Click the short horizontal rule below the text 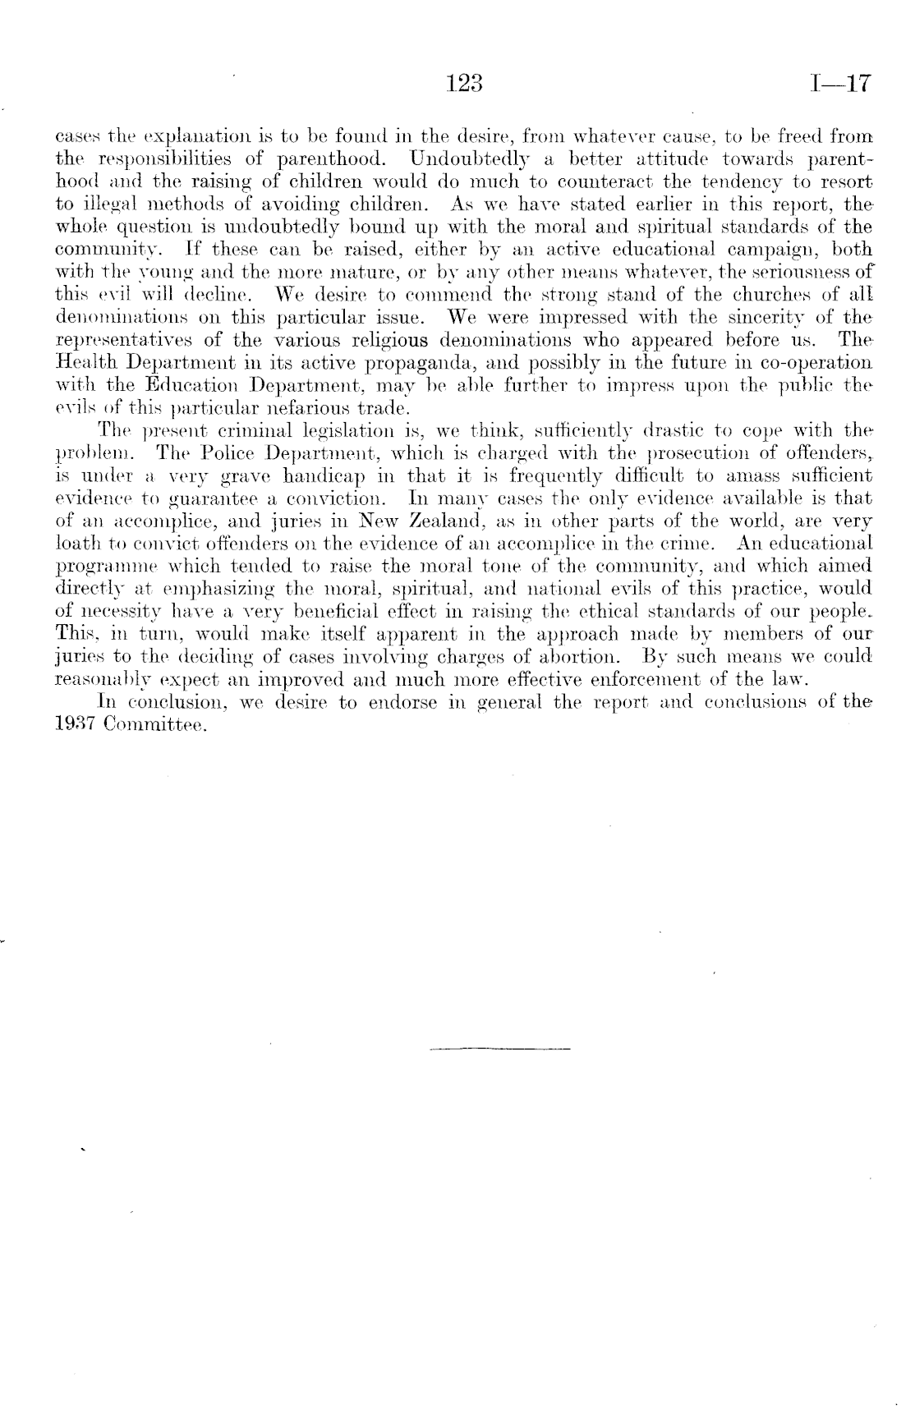point(499,1049)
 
